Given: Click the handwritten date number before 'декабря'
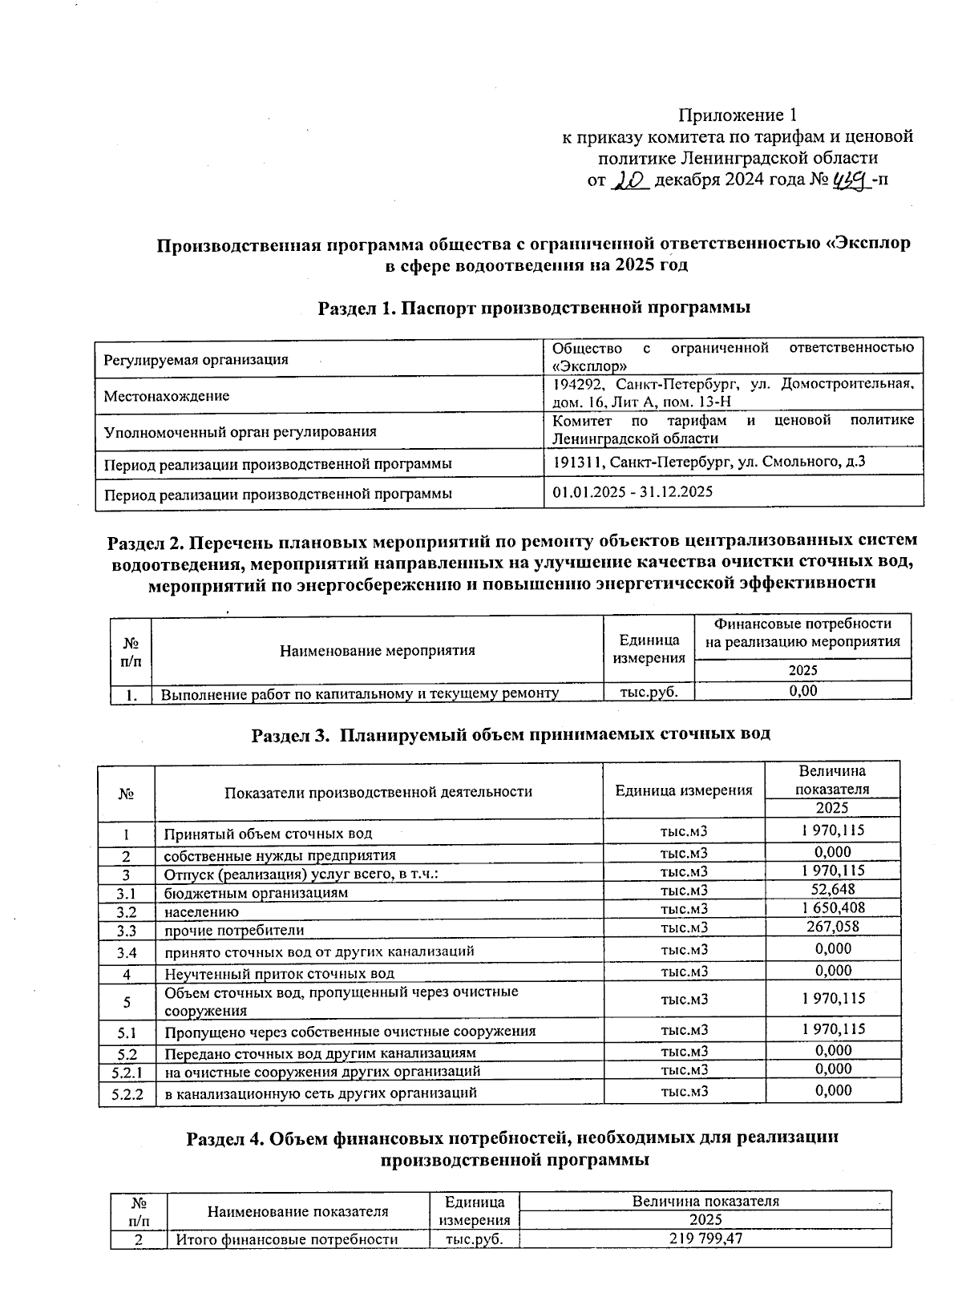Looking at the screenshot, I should point(629,181).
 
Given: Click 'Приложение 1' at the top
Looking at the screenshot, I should point(738,115).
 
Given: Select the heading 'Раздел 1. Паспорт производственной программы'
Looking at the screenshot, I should point(534,308).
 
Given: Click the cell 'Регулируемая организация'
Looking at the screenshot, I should point(196,360).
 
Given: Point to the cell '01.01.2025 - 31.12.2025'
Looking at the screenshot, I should point(633,492).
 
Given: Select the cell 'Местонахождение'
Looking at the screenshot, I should point(167,396).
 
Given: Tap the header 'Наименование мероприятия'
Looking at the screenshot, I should point(377,650).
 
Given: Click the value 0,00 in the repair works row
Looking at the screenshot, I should point(802,691).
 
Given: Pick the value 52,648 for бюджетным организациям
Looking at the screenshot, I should point(833,889).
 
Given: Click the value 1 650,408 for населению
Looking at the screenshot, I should point(833,908).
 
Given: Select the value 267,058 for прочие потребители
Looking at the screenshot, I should point(833,927).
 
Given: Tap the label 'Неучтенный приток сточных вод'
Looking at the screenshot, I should point(279,974).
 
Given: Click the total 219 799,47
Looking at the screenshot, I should point(704,1239).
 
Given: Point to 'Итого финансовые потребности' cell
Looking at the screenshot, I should point(287,1239).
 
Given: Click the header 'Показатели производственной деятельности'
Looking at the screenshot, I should point(378,792).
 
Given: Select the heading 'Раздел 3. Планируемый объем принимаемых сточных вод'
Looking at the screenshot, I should point(511,734).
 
